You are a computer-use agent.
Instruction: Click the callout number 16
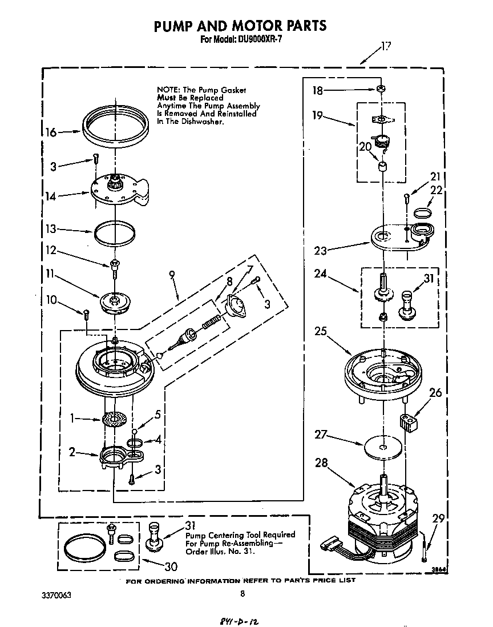(x=50, y=132)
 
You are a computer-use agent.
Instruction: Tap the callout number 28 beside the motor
(x=321, y=463)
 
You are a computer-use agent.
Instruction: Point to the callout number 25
(x=321, y=331)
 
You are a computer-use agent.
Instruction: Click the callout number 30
(x=171, y=566)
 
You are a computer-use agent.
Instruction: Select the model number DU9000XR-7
(x=256, y=40)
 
